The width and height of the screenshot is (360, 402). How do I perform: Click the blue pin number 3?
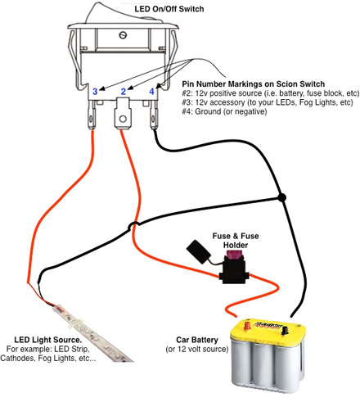pos(95,92)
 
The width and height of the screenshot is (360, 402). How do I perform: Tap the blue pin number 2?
pos(124,92)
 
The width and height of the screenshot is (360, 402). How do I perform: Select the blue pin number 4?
pos(151,92)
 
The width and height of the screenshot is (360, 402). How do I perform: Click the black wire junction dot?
pos(281,197)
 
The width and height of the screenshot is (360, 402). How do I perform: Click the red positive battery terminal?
pos(247,325)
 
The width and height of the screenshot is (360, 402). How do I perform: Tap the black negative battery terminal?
pos(285,331)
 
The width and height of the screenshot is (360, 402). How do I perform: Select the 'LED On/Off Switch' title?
pos(169,9)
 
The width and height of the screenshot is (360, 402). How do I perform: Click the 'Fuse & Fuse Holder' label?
pos(236,241)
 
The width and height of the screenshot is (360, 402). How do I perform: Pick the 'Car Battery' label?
pos(197,340)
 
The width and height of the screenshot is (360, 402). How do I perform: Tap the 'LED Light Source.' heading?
pos(48,340)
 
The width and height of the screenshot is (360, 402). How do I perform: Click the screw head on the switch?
pos(123,35)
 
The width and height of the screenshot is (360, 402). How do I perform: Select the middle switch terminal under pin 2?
pos(123,113)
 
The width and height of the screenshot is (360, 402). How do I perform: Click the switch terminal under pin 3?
pos(92,115)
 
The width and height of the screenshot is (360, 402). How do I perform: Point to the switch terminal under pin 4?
pos(154,115)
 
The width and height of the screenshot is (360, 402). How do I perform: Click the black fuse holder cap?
pos(198,251)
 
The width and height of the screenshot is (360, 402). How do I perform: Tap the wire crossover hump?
pos(133,225)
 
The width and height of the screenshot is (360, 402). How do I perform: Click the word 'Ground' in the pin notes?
pos(209,111)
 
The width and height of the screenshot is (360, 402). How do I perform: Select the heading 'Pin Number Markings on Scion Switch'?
pos(254,84)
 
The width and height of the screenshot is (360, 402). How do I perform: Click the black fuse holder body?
pos(234,271)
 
